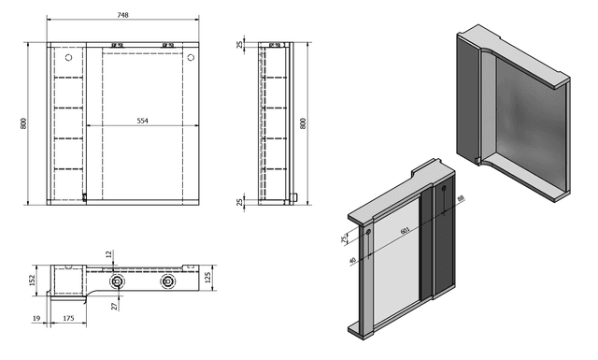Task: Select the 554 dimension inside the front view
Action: point(142,120)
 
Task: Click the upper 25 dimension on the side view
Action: point(240,47)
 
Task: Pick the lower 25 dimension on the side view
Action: point(240,202)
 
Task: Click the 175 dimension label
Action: point(69,319)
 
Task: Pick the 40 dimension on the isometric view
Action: point(352,261)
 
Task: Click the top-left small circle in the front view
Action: point(68,58)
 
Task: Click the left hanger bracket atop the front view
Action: point(118,45)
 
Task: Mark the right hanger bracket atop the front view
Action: point(169,45)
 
